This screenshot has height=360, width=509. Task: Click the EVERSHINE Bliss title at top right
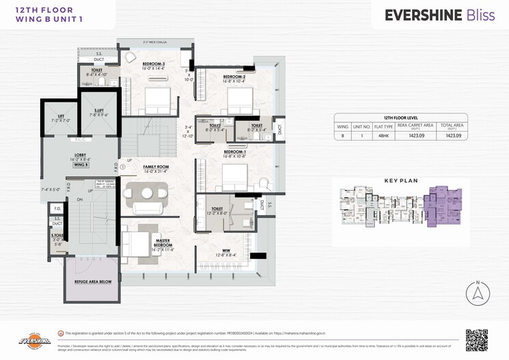click(439, 15)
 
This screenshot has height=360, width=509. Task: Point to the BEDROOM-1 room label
click(234, 153)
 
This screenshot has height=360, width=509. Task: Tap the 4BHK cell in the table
click(389, 136)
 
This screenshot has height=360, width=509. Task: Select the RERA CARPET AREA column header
click(419, 126)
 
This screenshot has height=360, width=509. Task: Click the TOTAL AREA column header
click(454, 126)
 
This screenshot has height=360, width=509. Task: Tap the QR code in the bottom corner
click(476, 340)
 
